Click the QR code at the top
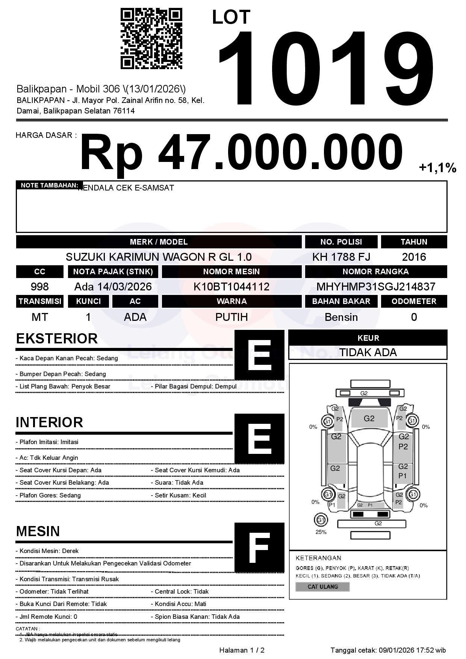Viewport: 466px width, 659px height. [x=151, y=39]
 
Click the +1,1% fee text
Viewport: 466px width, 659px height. [x=437, y=168]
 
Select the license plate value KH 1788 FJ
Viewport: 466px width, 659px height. [x=341, y=257]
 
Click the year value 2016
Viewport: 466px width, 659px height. [x=414, y=257]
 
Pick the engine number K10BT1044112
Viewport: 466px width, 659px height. [x=231, y=287]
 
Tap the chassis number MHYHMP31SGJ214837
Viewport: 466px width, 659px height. [x=376, y=287]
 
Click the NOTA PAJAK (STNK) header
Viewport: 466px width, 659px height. [x=113, y=272]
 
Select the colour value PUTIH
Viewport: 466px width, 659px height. [x=231, y=317]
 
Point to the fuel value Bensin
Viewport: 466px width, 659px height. [x=341, y=317]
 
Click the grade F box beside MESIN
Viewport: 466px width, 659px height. [x=259, y=547]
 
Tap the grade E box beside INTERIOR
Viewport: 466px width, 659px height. [x=259, y=438]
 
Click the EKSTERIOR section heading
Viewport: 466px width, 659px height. [x=57, y=339]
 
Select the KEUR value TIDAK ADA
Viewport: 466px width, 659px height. [x=368, y=352]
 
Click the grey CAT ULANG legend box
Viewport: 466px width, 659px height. [x=322, y=586]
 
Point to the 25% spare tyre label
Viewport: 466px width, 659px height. [x=321, y=532]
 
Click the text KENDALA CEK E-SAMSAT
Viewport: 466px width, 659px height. [x=126, y=188]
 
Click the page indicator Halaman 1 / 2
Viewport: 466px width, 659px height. [x=242, y=650]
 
